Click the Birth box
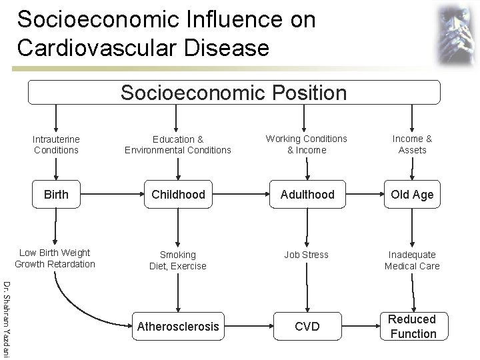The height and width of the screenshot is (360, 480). tap(56, 195)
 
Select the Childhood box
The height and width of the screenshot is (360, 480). tap(178, 195)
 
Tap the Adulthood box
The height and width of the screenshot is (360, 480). tap(307, 195)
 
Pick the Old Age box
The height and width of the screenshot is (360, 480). tap(412, 195)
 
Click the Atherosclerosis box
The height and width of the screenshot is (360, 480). tap(177, 327)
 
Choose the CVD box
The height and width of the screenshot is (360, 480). tap(307, 327)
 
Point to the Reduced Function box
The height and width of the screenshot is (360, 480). tap(412, 327)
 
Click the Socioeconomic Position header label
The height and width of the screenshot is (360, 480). tap(233, 93)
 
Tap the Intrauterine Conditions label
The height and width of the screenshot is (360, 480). tap(56, 145)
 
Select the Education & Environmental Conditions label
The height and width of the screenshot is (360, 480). tap(178, 145)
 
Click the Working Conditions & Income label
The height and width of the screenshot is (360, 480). tap(307, 144)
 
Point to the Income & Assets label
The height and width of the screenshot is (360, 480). tap(412, 144)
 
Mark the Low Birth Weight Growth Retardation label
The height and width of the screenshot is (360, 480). tap(55, 258)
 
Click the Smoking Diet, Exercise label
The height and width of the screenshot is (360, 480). tap(178, 260)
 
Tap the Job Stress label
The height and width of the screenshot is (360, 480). tap(307, 255)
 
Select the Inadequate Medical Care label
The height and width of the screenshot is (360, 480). tap(412, 260)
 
